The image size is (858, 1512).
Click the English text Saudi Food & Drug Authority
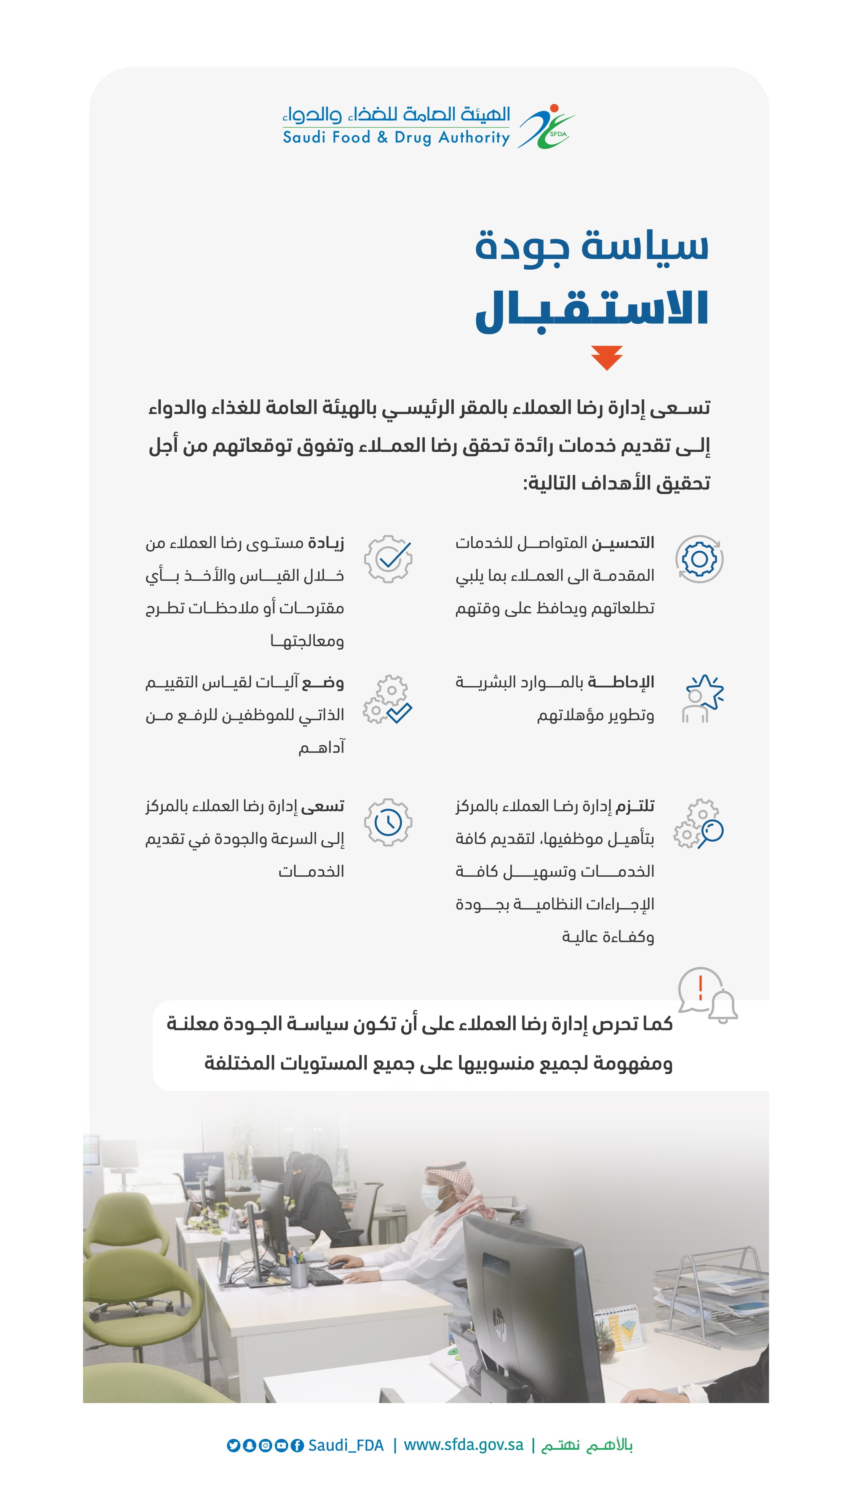pos(396,138)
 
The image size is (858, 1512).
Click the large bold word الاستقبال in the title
pos(592,309)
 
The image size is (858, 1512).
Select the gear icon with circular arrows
pos(700,559)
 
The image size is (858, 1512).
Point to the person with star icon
pos(702,698)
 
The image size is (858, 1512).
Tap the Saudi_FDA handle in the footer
pos(346,1445)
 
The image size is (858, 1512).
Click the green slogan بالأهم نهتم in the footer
pos(587,1445)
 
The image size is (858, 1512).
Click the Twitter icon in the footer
pos(233,1445)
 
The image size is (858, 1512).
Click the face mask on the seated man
pos(432,1197)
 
